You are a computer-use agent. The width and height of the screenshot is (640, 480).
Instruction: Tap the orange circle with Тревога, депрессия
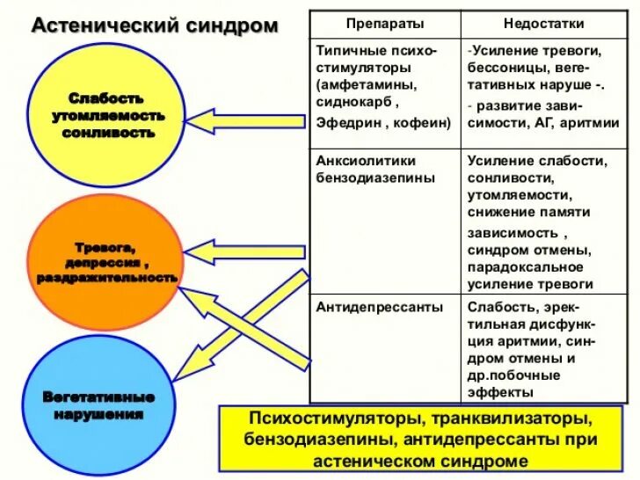106,262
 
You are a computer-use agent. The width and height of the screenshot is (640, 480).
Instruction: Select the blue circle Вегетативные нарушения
98,404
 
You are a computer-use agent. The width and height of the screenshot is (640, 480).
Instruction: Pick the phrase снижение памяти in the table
529,212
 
